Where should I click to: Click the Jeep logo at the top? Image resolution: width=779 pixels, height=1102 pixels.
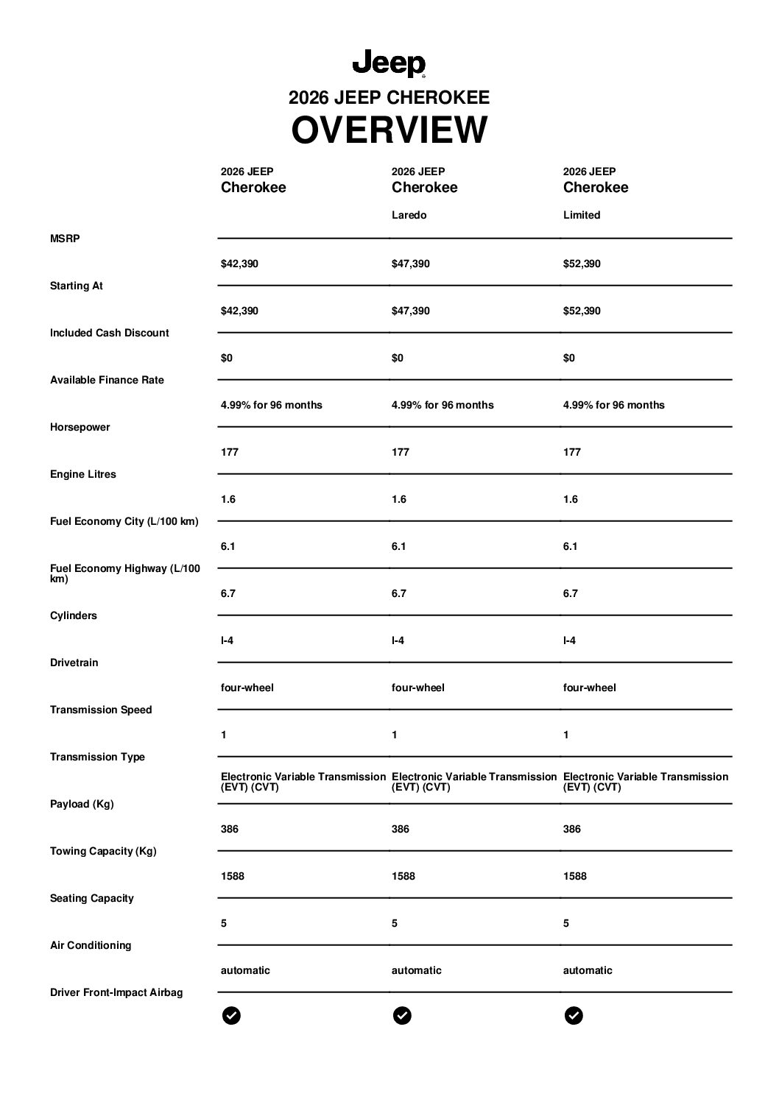click(x=389, y=64)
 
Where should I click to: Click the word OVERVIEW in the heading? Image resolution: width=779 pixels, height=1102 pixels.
click(x=389, y=130)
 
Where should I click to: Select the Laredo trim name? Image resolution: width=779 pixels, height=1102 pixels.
click(x=409, y=215)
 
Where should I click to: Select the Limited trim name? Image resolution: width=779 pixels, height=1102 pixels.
click(x=582, y=215)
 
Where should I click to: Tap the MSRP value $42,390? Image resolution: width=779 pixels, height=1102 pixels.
click(x=239, y=264)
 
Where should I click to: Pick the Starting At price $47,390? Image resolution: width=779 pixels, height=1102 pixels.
click(x=411, y=311)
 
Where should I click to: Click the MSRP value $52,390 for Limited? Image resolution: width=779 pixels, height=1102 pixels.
click(x=582, y=264)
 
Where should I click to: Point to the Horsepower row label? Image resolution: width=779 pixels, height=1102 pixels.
click(x=80, y=427)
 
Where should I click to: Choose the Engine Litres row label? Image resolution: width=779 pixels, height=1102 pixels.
click(x=83, y=474)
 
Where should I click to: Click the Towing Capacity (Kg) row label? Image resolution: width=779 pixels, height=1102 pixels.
click(x=103, y=851)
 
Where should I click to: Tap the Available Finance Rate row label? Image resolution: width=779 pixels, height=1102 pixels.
click(x=107, y=380)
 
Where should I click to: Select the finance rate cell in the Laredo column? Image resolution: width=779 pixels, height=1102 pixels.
click(x=443, y=405)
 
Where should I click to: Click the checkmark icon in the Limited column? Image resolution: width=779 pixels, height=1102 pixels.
click(x=574, y=1016)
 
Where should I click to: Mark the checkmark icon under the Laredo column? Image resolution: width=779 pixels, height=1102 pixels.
click(x=402, y=1016)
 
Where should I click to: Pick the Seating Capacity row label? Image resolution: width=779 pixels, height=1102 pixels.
click(x=92, y=898)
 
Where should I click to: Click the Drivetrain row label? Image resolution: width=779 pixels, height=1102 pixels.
click(x=74, y=663)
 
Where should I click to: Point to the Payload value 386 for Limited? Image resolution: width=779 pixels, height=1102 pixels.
click(x=572, y=829)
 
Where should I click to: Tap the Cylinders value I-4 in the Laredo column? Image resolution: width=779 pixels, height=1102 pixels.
click(x=398, y=640)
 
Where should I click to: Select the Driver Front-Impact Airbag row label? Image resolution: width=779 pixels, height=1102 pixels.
click(x=116, y=992)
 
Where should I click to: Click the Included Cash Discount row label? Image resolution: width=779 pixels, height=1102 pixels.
click(x=110, y=333)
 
